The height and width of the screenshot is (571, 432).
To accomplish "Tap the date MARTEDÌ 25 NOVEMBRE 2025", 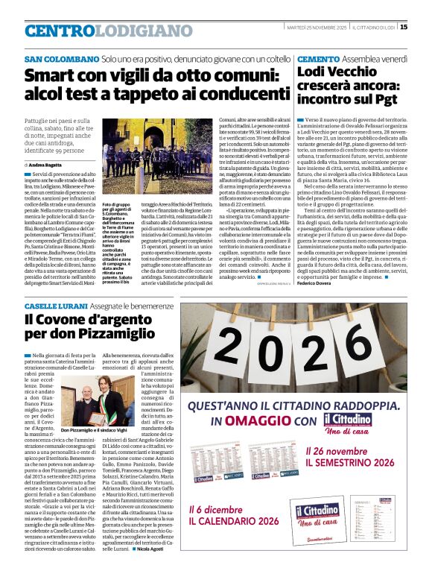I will coord(317,28).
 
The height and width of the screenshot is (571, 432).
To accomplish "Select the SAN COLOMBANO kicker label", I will coord(62,59).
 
